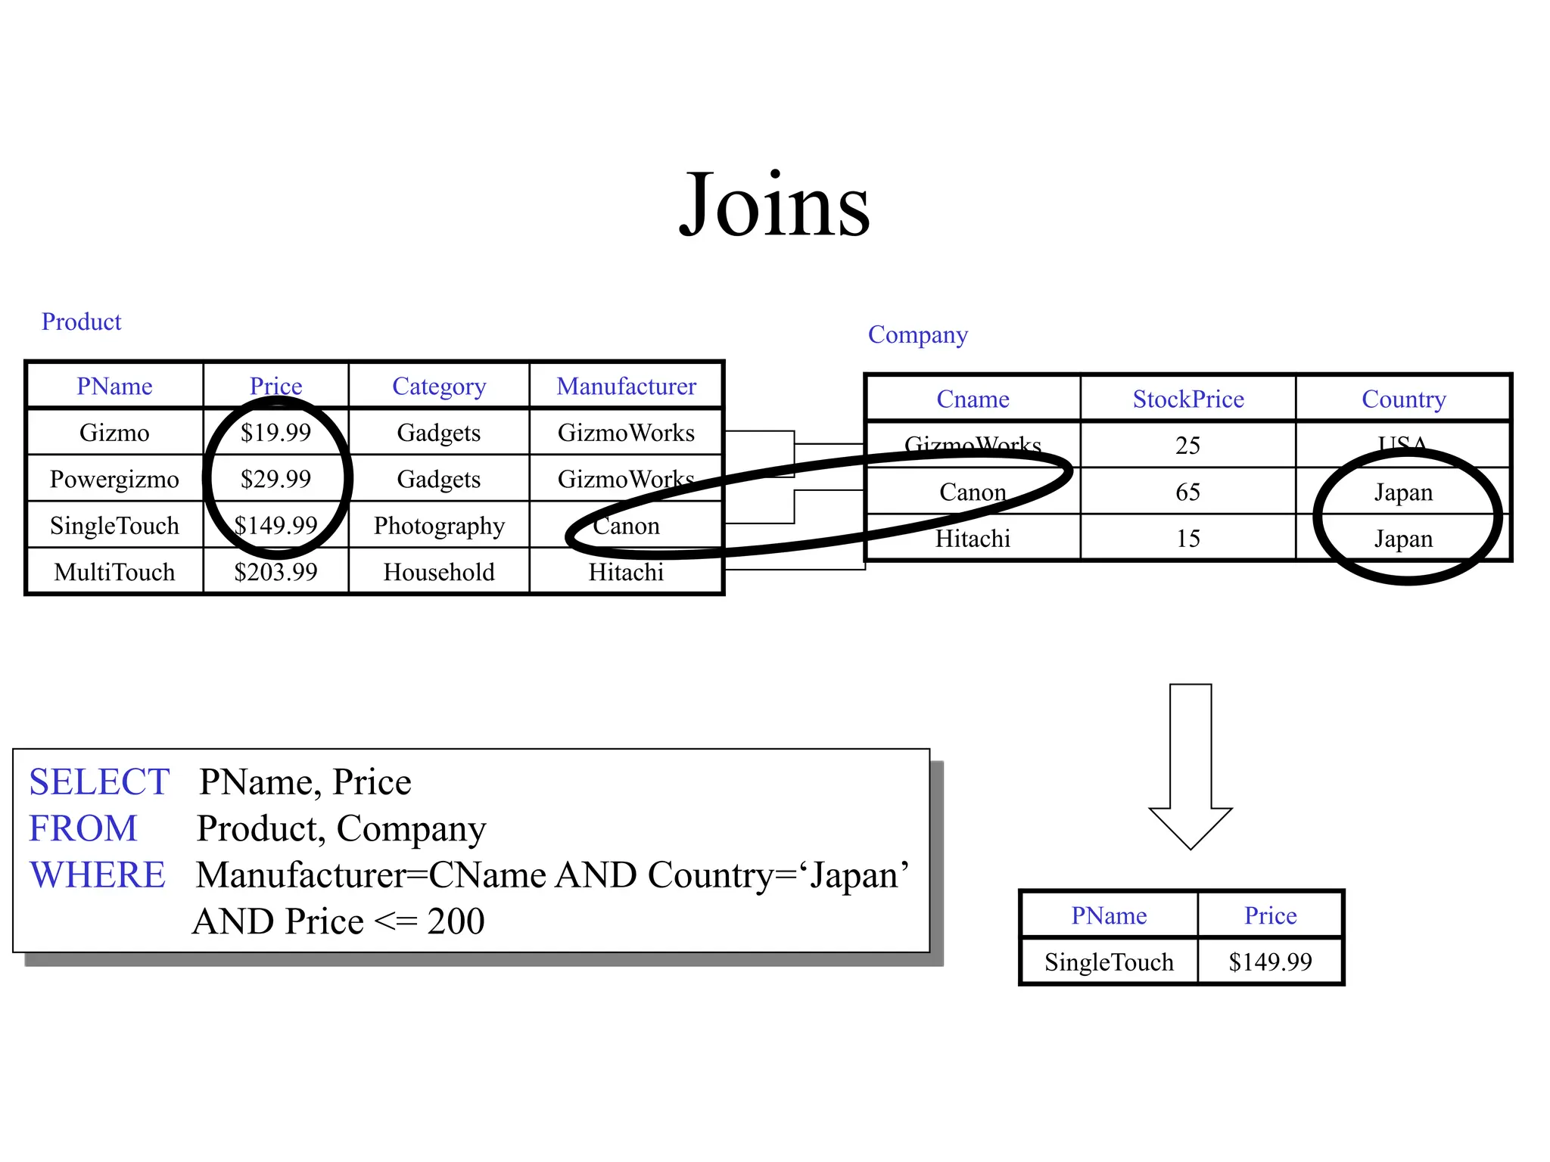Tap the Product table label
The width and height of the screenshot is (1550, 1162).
[81, 322]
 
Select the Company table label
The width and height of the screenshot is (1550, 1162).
[917, 334]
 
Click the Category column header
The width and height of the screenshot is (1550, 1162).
[439, 387]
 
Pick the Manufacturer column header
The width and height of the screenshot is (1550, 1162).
[626, 387]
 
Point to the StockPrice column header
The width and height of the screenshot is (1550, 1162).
[1187, 399]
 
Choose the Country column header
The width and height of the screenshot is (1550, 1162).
[1403, 399]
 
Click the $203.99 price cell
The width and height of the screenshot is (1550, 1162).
[275, 572]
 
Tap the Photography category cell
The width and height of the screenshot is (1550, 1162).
[439, 526]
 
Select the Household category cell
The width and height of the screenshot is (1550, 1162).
[439, 572]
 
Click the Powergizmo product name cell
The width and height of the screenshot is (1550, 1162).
[114, 479]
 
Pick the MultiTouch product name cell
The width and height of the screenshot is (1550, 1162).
[114, 572]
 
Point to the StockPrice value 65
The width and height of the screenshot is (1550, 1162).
[1187, 492]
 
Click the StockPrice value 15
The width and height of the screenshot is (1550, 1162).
[1187, 539]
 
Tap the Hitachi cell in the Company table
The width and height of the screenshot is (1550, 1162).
[973, 539]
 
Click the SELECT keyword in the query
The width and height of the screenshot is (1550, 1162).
[99, 782]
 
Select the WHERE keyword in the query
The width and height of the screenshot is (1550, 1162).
[98, 875]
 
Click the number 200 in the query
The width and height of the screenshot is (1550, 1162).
[456, 921]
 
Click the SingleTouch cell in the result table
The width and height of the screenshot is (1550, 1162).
[1109, 962]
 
